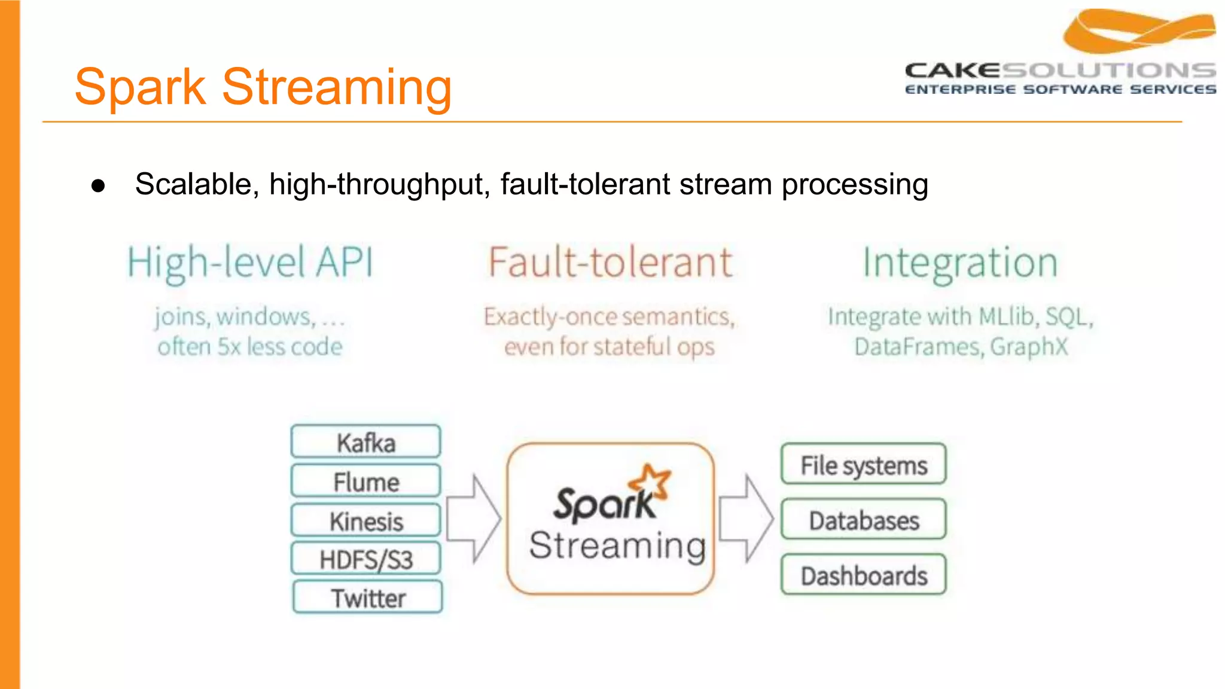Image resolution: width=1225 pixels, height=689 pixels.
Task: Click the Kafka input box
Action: (365, 442)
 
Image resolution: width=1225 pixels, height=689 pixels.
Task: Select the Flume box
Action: (365, 481)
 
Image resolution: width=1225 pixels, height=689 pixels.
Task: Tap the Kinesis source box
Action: (365, 520)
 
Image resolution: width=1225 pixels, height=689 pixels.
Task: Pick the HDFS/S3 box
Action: (365, 559)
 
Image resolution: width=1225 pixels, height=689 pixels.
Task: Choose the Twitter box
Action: (368, 597)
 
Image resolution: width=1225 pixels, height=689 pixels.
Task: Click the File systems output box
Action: (863, 464)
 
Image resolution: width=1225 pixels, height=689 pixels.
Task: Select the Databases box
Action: (863, 519)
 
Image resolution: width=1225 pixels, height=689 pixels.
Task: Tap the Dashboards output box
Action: (863, 575)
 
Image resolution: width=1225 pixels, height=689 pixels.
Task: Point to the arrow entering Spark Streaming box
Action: (474, 519)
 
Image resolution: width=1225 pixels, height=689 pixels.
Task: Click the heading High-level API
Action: (250, 263)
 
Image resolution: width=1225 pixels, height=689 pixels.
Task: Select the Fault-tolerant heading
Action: (610, 263)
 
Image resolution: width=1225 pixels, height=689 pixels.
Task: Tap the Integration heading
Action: (960, 263)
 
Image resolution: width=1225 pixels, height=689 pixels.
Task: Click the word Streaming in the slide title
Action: (337, 87)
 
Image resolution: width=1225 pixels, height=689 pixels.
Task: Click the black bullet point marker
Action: (98, 185)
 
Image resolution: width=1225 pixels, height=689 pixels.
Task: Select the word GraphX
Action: (1029, 347)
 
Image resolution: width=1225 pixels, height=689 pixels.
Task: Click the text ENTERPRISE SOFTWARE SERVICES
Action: (1060, 90)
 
